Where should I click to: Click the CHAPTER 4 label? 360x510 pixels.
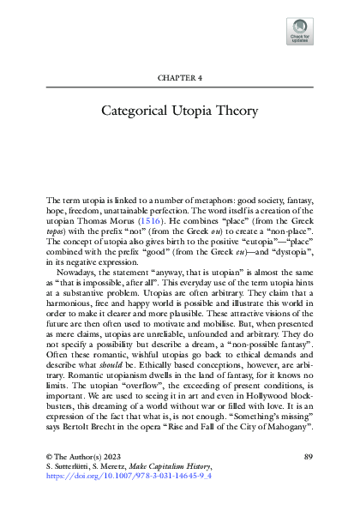click(180, 78)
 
